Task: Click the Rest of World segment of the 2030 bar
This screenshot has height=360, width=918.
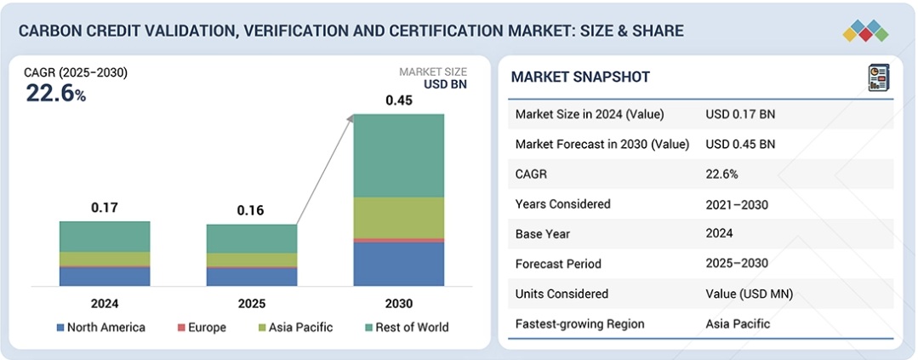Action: pos(398,155)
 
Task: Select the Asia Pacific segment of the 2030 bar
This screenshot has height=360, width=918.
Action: pos(398,217)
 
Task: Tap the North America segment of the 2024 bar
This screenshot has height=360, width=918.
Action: pos(105,276)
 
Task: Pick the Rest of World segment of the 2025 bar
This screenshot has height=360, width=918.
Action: pos(252,238)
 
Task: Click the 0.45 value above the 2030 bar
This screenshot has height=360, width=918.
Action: pos(398,100)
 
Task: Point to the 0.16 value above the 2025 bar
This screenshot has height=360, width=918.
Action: pos(252,209)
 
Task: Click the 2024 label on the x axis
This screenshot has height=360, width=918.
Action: pos(105,304)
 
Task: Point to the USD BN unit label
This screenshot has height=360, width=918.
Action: pos(445,84)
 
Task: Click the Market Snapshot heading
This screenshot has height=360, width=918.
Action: pos(580,77)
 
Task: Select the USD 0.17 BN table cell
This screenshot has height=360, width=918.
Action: pos(740,114)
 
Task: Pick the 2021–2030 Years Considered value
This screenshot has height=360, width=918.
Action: pos(737,204)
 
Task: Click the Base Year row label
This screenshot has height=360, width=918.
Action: pos(543,233)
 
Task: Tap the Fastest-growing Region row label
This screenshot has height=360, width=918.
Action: pos(579,323)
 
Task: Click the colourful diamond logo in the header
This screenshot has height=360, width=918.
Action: pos(865,31)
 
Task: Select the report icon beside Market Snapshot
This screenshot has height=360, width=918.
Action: pos(878,77)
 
